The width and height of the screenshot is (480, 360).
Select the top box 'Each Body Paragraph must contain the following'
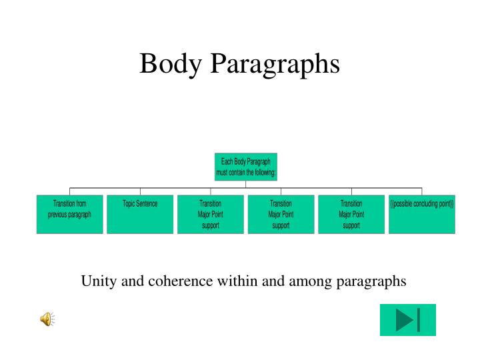tap(246, 167)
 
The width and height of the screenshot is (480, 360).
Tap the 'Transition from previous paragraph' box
tap(69, 214)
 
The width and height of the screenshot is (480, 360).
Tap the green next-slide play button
tap(407, 320)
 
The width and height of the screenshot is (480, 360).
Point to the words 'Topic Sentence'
tap(140, 204)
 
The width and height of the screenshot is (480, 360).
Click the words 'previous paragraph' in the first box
tap(69, 215)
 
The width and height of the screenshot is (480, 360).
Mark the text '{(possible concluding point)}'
tap(422, 204)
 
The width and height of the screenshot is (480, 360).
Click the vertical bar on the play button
tap(419, 320)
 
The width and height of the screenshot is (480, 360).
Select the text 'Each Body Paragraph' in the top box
tap(246, 161)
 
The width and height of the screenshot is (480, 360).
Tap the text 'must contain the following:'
tap(246, 173)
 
